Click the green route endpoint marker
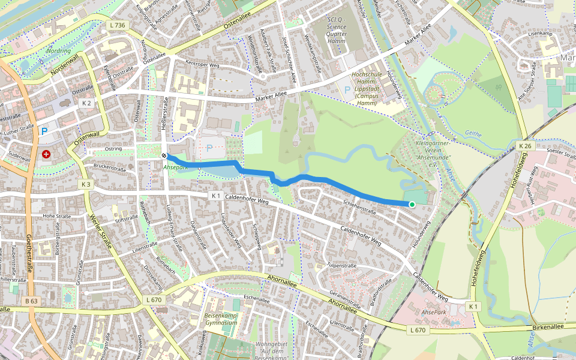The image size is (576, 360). [x=412, y=205]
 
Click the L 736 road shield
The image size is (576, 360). [x=118, y=25]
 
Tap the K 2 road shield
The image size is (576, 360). [x=86, y=103]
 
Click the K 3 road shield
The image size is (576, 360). [x=86, y=184]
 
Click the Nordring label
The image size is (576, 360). [x=58, y=51]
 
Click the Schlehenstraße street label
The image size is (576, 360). [x=359, y=208]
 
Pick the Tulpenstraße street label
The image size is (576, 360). [x=343, y=265]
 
